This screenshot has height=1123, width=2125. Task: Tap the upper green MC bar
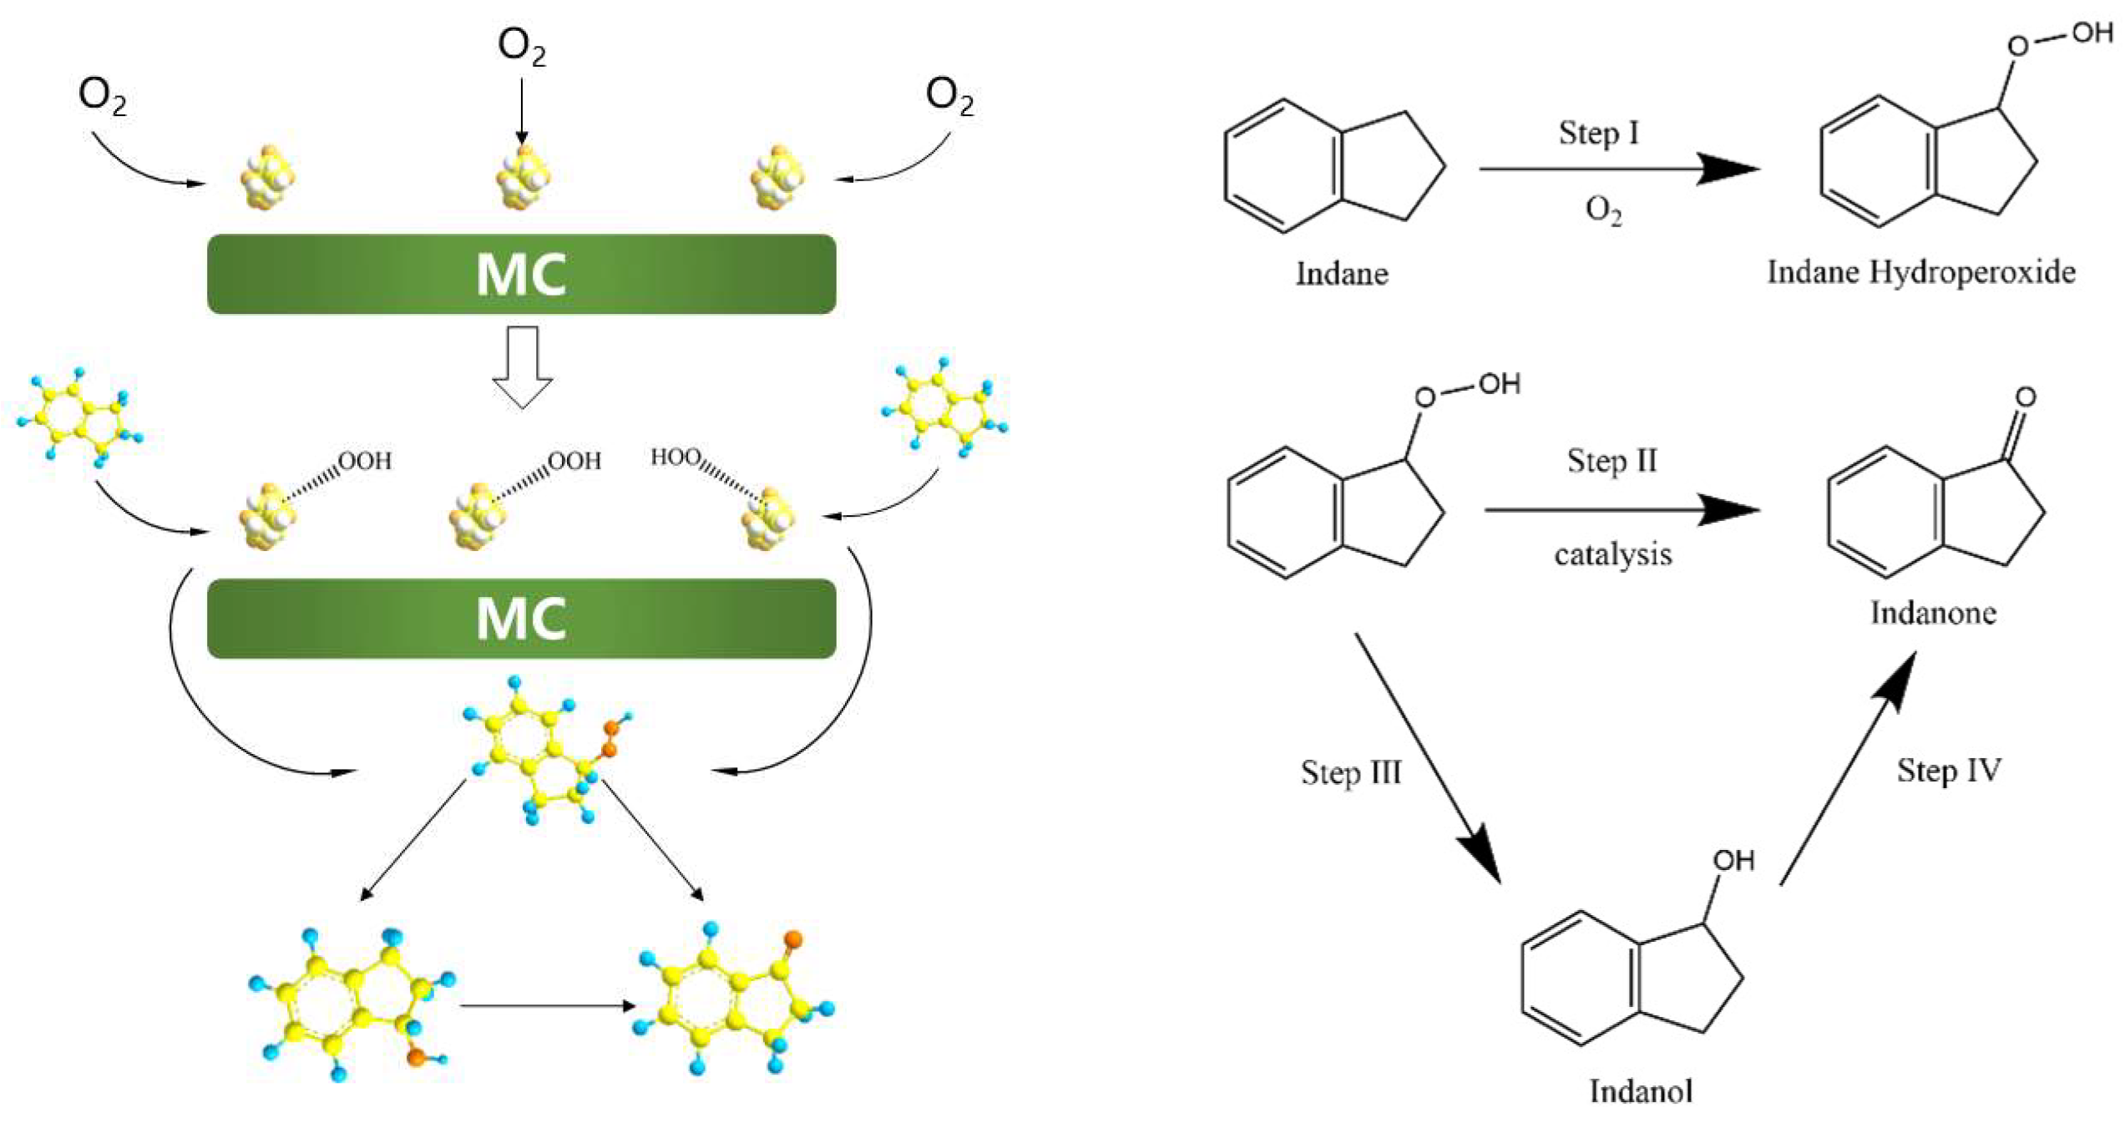pyautogui.click(x=521, y=274)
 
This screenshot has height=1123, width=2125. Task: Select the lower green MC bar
pyautogui.click(x=521, y=619)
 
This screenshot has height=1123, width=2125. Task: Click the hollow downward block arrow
pyautogui.click(x=522, y=367)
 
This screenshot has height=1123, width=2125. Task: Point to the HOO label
pyautogui.click(x=675, y=457)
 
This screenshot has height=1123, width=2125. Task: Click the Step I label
pyautogui.click(x=1598, y=133)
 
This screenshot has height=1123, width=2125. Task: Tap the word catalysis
pyautogui.click(x=1612, y=554)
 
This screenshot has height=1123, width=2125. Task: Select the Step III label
pyautogui.click(x=1350, y=771)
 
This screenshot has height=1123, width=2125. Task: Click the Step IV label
pyautogui.click(x=1948, y=770)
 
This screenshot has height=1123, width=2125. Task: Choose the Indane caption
pyautogui.click(x=1341, y=274)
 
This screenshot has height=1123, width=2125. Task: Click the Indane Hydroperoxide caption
pyautogui.click(x=1920, y=272)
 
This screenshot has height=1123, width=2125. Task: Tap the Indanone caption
pyautogui.click(x=1932, y=613)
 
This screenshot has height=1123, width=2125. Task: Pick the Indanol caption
pyautogui.click(x=1640, y=1091)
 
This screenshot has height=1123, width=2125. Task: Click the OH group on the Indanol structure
pyautogui.click(x=1733, y=861)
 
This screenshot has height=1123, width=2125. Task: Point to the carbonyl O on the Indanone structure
pyautogui.click(x=2025, y=397)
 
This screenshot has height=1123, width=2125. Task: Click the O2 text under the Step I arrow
pyautogui.click(x=1603, y=210)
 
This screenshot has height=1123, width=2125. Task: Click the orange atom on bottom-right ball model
pyautogui.click(x=793, y=939)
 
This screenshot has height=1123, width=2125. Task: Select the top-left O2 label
pyautogui.click(x=102, y=96)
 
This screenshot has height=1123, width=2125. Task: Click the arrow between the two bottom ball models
pyautogui.click(x=547, y=1005)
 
